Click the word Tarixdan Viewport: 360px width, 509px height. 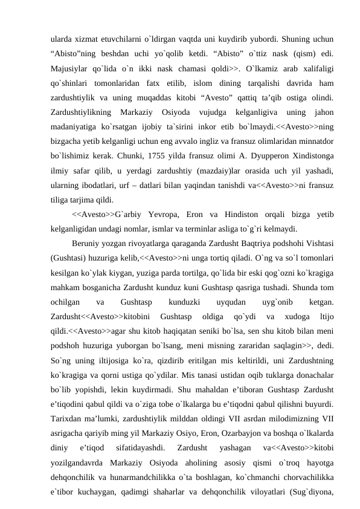coord(68,401)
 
